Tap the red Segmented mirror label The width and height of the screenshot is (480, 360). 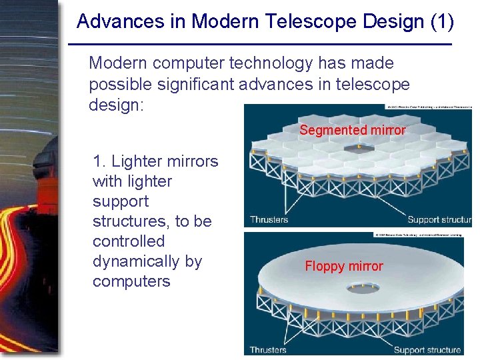point(352,131)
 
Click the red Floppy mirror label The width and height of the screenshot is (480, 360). point(344,267)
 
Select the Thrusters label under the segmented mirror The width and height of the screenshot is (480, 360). point(269,219)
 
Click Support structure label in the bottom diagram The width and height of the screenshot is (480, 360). point(427,349)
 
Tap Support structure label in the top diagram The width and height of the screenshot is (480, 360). point(439,219)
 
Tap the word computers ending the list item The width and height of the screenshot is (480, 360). point(131,281)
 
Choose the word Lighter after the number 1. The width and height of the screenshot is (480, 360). point(139,161)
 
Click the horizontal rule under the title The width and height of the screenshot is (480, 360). point(260,44)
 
